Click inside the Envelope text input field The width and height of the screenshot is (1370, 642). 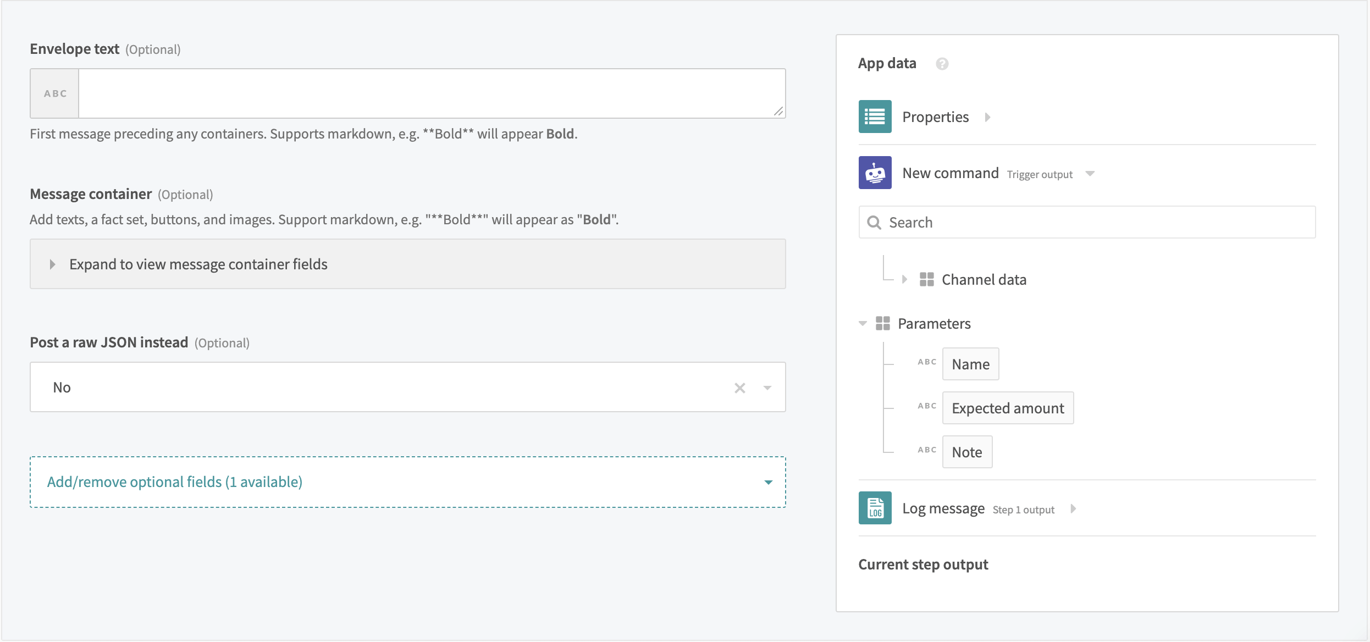click(x=432, y=93)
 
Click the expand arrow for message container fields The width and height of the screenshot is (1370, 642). click(x=53, y=264)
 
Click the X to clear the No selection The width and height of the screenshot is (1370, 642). click(x=740, y=388)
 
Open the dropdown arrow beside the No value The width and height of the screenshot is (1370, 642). click(x=767, y=388)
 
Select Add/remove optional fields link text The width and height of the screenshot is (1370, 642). click(x=175, y=482)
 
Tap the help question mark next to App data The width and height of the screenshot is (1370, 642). click(x=942, y=64)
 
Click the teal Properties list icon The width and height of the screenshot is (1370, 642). click(x=875, y=117)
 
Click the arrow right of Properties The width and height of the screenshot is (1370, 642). click(x=988, y=117)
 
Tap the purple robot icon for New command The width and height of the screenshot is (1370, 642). click(x=875, y=173)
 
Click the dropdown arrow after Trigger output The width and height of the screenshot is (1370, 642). click(x=1090, y=174)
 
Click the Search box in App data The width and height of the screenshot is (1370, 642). click(x=1087, y=222)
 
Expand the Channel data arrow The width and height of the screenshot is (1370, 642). click(x=904, y=279)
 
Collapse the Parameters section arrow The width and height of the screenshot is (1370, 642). click(x=863, y=323)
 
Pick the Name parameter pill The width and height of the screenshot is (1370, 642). click(x=970, y=364)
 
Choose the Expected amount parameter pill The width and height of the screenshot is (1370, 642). click(x=1008, y=408)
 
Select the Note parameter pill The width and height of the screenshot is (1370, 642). click(x=967, y=452)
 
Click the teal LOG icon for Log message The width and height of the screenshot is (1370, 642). click(x=875, y=508)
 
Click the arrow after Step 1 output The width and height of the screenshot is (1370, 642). click(x=1074, y=509)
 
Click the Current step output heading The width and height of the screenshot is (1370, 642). click(x=923, y=564)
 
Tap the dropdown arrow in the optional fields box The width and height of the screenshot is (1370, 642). click(x=769, y=483)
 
